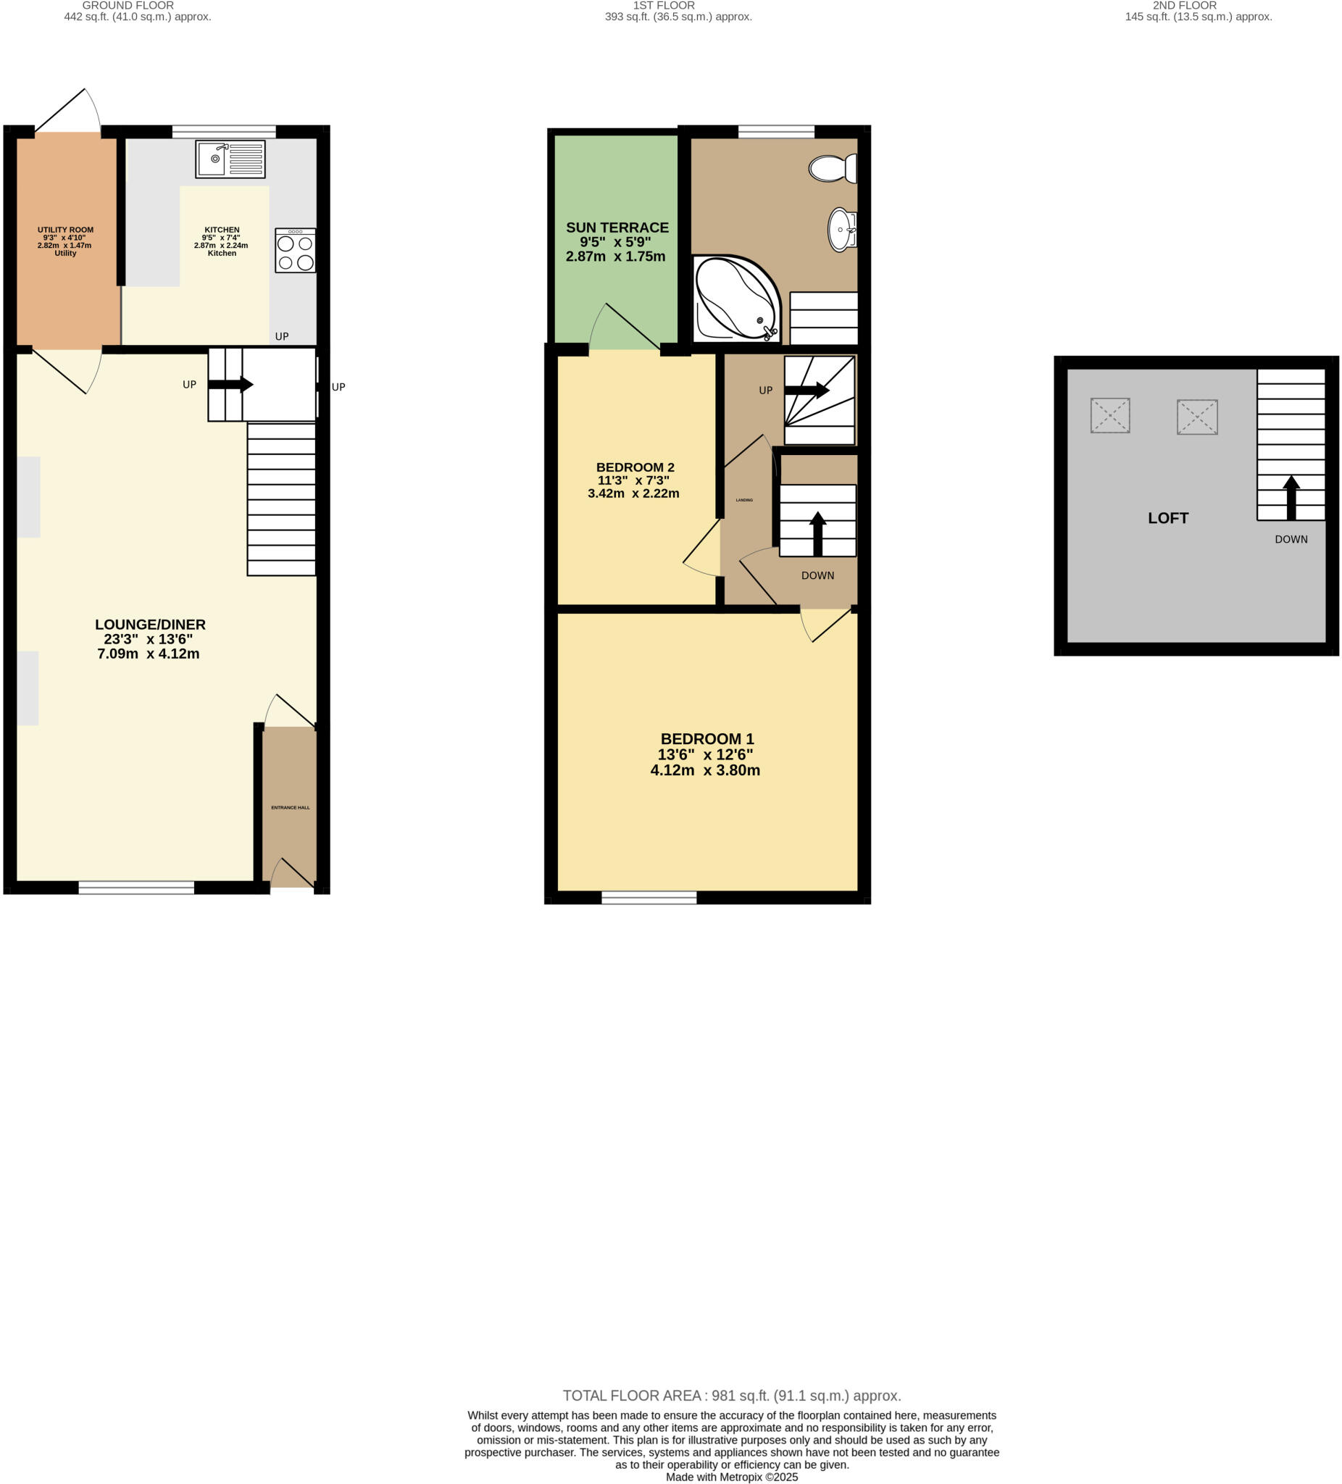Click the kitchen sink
(x=230, y=159)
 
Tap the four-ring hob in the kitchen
(x=295, y=251)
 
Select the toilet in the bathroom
(x=833, y=169)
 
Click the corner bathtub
(x=735, y=298)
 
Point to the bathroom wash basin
(x=842, y=230)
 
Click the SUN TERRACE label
(x=617, y=228)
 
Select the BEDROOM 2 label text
(x=635, y=467)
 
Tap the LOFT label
(x=1167, y=518)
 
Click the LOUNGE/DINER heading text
(x=150, y=625)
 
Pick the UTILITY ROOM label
(x=65, y=230)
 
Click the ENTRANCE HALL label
(x=290, y=807)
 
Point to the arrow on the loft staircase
(x=1291, y=498)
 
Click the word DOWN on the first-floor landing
(x=817, y=575)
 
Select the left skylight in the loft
(x=1109, y=416)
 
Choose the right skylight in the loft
(x=1196, y=417)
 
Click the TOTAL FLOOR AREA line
(x=731, y=1396)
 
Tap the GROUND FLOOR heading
(x=128, y=5)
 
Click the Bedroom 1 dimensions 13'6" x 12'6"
(x=704, y=754)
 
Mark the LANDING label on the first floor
(x=743, y=501)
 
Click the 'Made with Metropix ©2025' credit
(x=731, y=1477)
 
